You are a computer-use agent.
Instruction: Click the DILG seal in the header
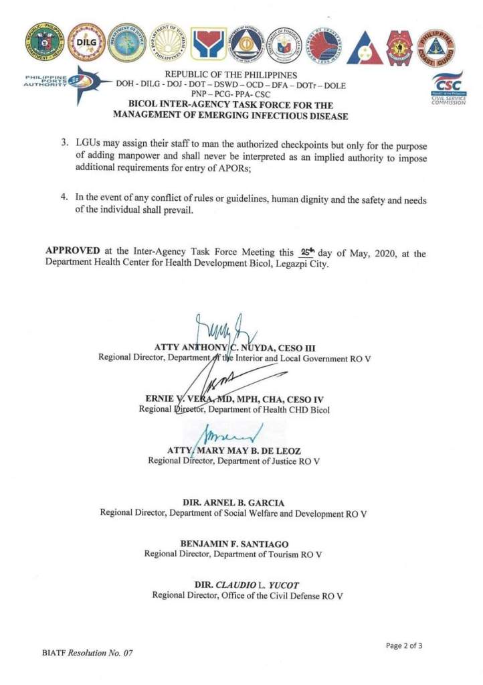86,42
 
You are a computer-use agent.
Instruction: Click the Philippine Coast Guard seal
436,47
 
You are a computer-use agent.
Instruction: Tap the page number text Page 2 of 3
404,645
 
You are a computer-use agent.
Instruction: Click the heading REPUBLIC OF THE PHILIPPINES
230,75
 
